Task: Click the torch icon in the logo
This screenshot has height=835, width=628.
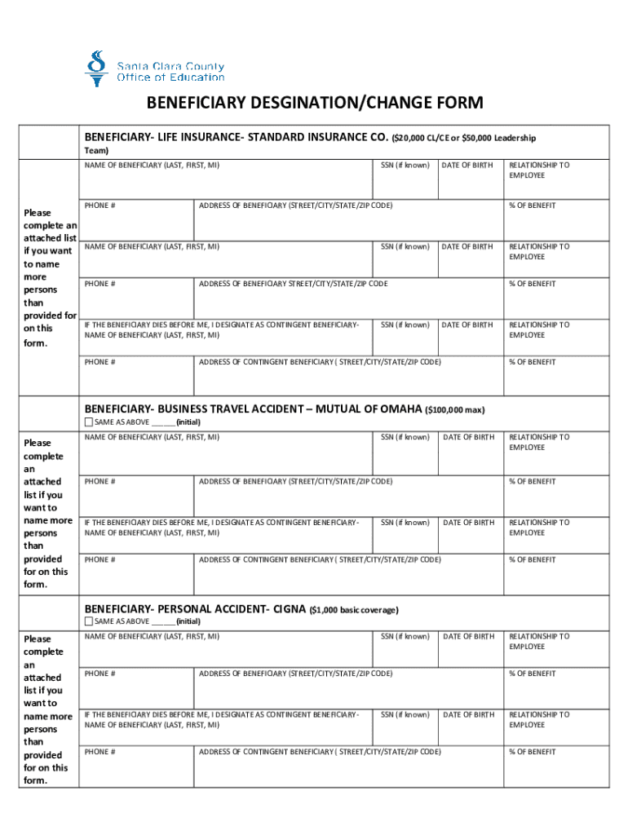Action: pos(97,68)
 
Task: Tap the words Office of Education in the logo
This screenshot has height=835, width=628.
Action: pos(170,77)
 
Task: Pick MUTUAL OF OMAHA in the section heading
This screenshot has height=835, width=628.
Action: pos(369,409)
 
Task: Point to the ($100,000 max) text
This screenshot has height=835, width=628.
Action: pos(455,409)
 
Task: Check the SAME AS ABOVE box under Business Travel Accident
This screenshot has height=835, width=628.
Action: pos(90,422)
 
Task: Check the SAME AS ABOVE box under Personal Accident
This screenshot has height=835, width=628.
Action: pos(90,621)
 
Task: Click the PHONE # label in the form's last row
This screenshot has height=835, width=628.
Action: pos(100,752)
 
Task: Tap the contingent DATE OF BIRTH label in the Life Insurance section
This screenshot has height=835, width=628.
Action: pos(467,325)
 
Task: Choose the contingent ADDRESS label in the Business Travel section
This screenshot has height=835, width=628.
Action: pos(320,559)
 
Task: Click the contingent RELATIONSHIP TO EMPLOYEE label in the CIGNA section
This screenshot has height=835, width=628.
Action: pos(539,719)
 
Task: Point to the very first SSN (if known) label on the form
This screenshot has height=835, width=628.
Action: pos(405,165)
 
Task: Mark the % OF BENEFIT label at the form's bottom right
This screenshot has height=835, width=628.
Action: pos(533,752)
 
